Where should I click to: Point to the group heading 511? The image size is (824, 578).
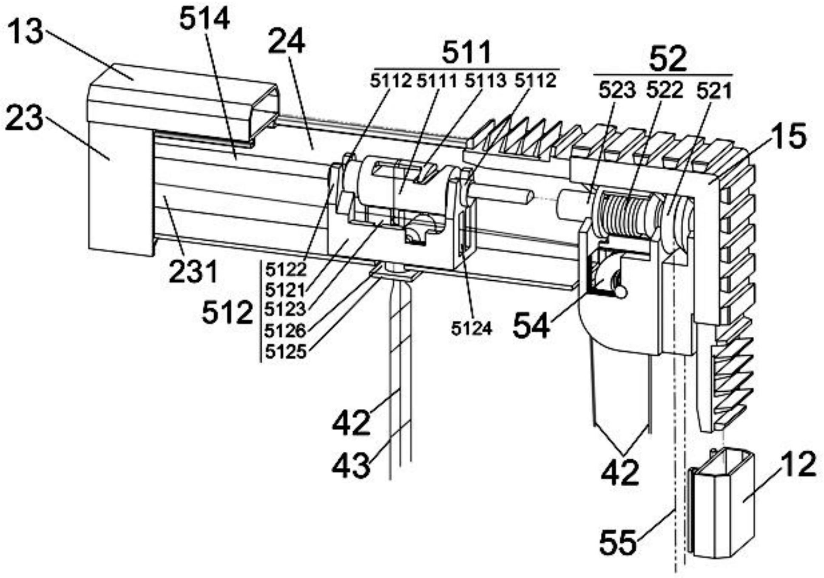tap(466, 53)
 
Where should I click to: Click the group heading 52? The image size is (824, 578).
tap(668, 60)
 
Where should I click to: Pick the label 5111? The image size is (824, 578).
tap(437, 81)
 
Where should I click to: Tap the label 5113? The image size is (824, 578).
tap(485, 81)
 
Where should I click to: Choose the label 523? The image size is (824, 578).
tap(617, 90)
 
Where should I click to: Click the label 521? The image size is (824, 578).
tap(714, 91)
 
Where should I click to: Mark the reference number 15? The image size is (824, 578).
tap(789, 137)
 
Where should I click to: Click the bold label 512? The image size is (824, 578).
tap(227, 313)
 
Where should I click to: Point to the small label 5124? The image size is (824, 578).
tap(472, 328)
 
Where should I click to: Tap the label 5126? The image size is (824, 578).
tap(285, 330)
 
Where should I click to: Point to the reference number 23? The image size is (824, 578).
tap(24, 118)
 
